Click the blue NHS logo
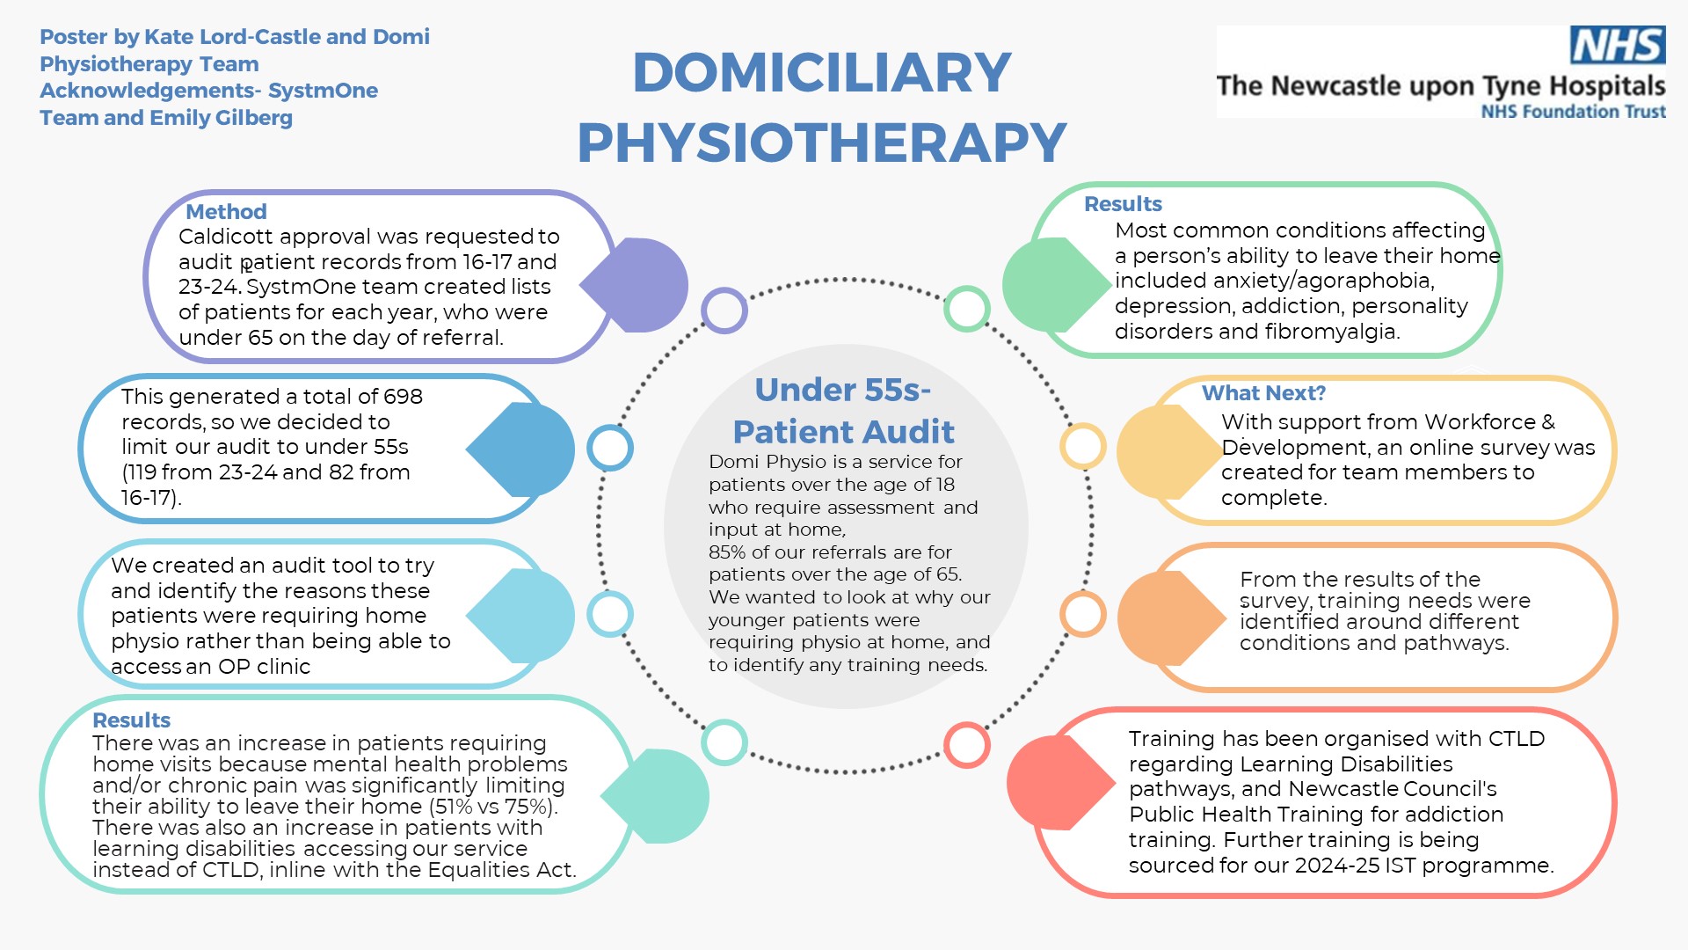(1618, 45)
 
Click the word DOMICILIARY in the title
(822, 72)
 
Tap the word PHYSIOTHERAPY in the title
(822, 142)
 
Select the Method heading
(226, 211)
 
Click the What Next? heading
(1263, 392)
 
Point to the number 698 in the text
(403, 397)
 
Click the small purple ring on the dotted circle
(724, 311)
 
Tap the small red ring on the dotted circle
(967, 745)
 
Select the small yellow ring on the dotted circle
(1083, 446)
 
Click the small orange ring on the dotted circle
(1083, 614)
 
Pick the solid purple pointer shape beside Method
(635, 285)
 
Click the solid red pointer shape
(1060, 782)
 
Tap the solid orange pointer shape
(1171, 617)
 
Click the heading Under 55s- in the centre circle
(843, 390)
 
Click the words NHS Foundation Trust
(1574, 112)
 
